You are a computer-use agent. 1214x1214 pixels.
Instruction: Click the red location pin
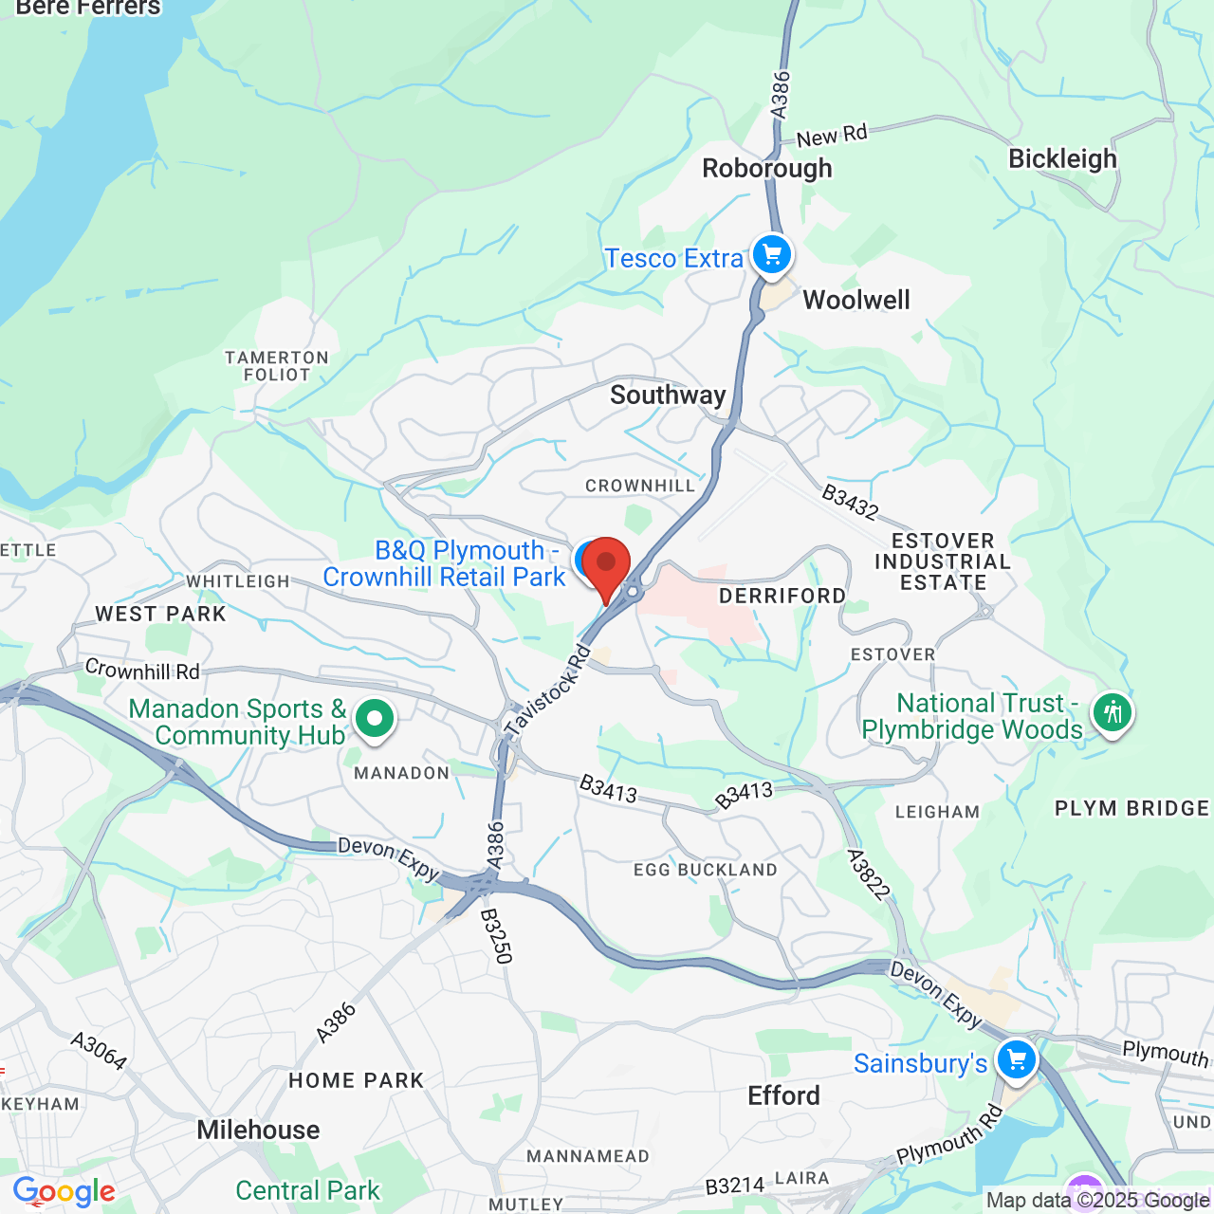pyautogui.click(x=606, y=567)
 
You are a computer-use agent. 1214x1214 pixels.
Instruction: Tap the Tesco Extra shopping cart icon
pyautogui.click(x=772, y=254)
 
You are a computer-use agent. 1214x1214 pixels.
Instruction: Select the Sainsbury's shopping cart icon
pyautogui.click(x=1016, y=1058)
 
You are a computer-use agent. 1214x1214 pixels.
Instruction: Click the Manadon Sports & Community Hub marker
pyautogui.click(x=375, y=719)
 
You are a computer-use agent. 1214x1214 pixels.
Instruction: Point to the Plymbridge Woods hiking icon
pyautogui.click(x=1113, y=711)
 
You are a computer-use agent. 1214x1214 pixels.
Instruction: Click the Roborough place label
pyautogui.click(x=767, y=169)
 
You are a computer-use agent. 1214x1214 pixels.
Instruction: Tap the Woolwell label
pyautogui.click(x=856, y=301)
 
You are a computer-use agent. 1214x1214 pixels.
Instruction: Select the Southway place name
pyautogui.click(x=668, y=395)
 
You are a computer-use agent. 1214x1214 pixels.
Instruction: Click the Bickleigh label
pyautogui.click(x=1062, y=158)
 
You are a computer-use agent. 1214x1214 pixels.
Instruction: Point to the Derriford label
pyautogui.click(x=782, y=596)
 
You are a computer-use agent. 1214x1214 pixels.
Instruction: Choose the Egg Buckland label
pyautogui.click(x=706, y=870)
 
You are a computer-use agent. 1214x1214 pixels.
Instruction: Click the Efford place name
pyautogui.click(x=783, y=1096)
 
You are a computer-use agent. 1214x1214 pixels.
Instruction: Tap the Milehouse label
pyautogui.click(x=258, y=1131)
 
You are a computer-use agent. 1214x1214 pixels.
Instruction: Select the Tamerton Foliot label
pyautogui.click(x=277, y=366)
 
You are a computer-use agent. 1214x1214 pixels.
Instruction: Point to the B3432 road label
pyautogui.click(x=850, y=502)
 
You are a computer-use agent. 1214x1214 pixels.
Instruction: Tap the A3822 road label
pyautogui.click(x=869, y=874)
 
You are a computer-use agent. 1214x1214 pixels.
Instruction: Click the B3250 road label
pyautogui.click(x=496, y=936)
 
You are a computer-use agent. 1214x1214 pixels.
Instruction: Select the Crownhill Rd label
pyautogui.click(x=142, y=671)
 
